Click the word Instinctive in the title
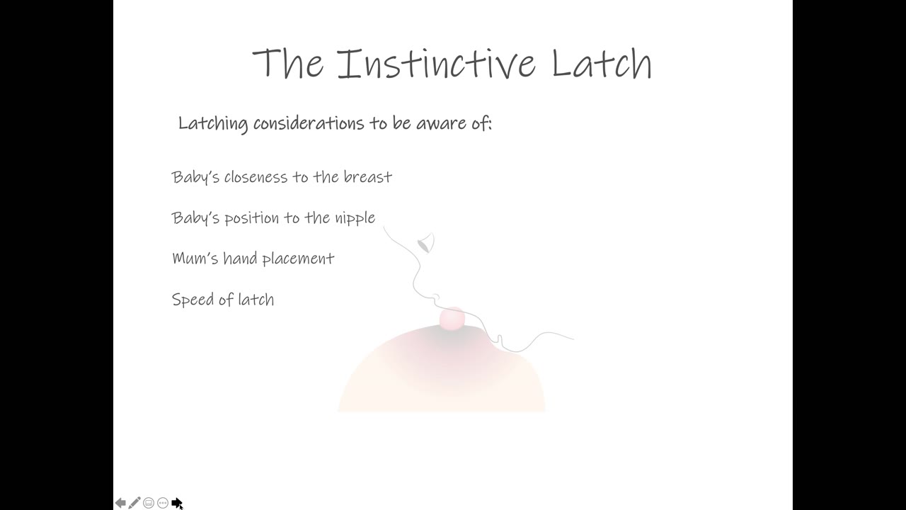point(437,63)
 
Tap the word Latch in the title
point(602,63)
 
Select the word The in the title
point(288,63)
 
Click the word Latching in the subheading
point(213,123)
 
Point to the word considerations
point(309,123)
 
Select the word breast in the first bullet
point(367,177)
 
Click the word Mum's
point(195,259)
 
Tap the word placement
point(299,259)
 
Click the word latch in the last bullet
point(256,300)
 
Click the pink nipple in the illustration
point(452,318)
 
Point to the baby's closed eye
point(425,243)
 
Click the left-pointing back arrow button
point(120,503)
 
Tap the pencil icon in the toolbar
point(134,502)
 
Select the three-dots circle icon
point(163,503)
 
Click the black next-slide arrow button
point(177,503)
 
